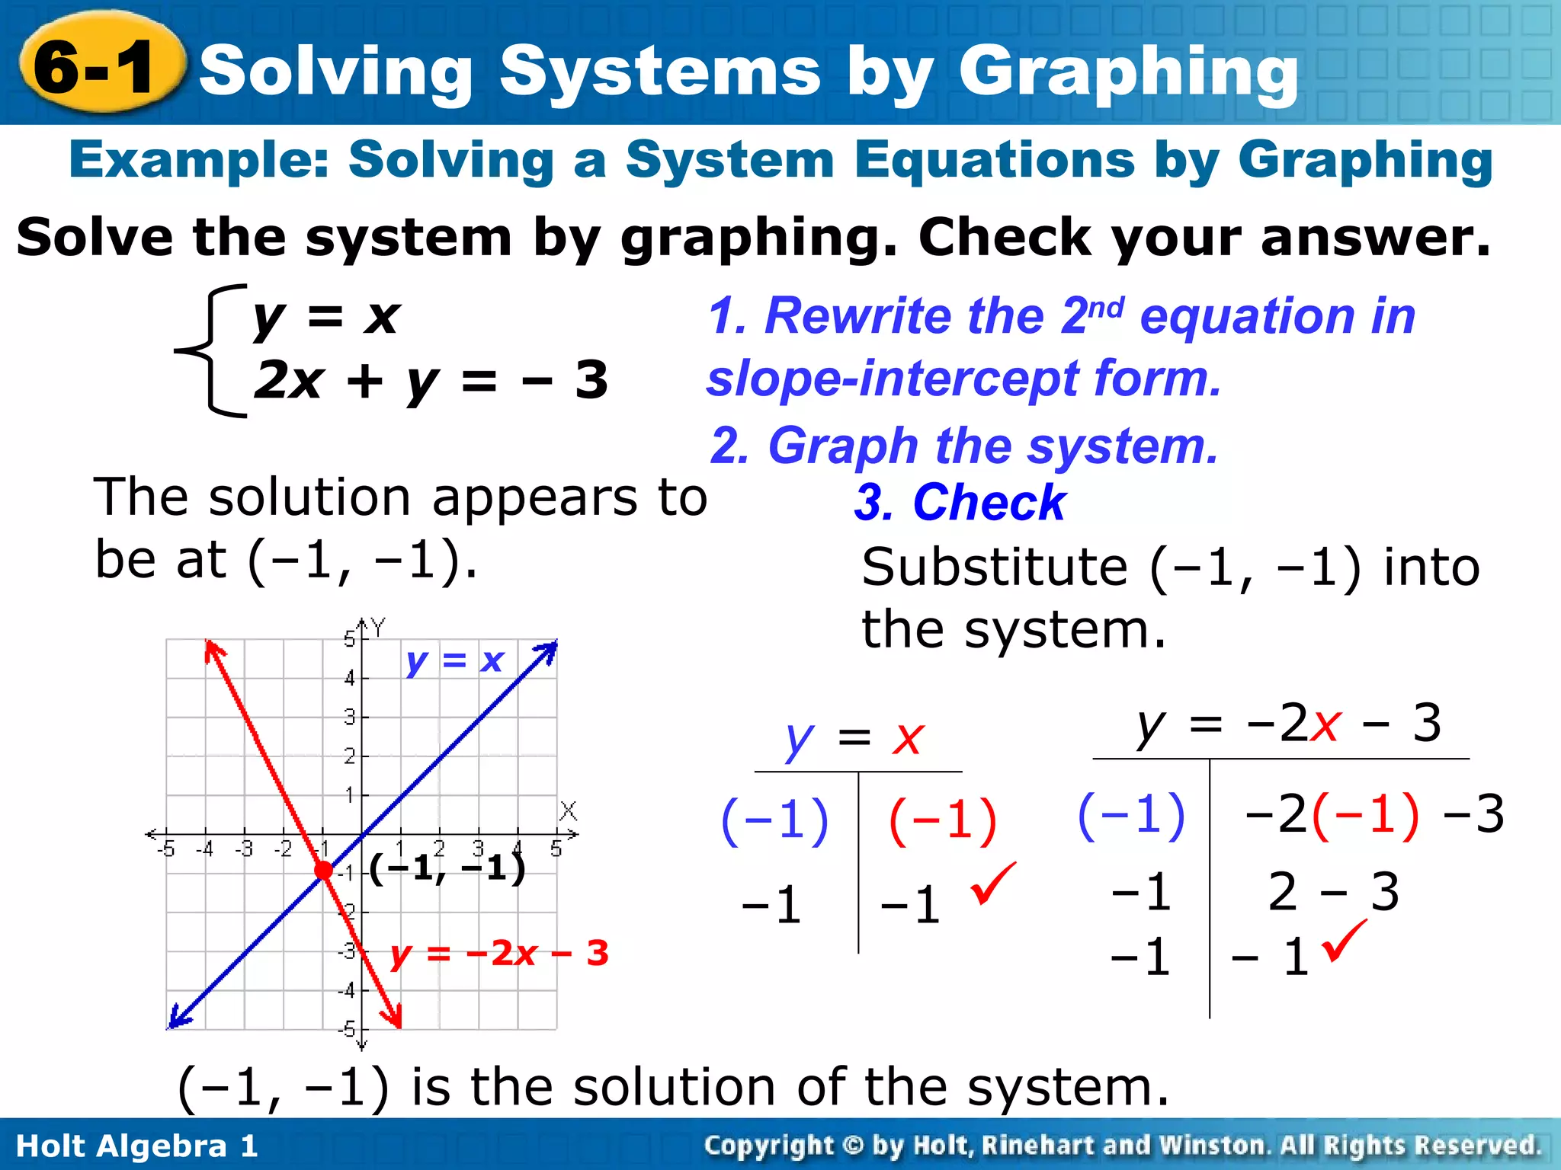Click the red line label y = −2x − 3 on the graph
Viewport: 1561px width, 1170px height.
coord(499,953)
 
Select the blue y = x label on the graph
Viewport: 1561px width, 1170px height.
coord(454,660)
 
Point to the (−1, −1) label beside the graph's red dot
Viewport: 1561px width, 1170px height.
coord(448,868)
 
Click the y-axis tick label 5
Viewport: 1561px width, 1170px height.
coord(349,638)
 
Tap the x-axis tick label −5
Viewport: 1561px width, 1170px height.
coord(165,849)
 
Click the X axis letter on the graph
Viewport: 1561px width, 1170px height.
coord(568,811)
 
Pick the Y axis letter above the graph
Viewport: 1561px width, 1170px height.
coord(378,628)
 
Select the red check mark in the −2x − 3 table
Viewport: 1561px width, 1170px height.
coord(1345,941)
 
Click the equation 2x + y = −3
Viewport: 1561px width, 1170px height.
coord(431,380)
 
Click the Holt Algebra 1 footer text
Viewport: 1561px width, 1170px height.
coord(137,1146)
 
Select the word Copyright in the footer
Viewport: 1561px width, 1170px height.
coord(769,1146)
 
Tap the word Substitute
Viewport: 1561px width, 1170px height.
coord(994,567)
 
